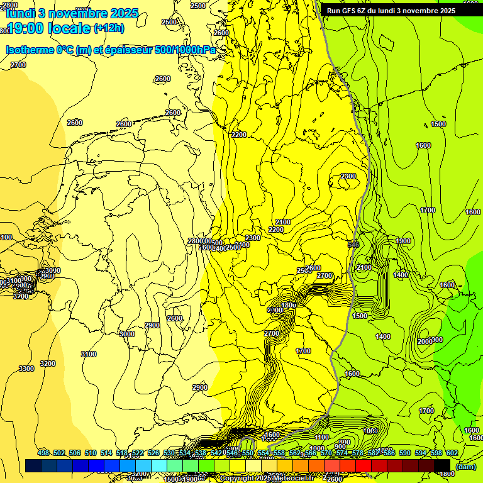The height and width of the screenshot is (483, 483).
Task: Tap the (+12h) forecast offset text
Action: [x=109, y=28]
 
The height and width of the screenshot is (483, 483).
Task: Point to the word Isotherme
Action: [x=29, y=50]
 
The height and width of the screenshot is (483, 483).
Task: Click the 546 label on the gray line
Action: [x=353, y=244]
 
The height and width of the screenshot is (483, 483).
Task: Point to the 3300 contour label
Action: [x=26, y=369]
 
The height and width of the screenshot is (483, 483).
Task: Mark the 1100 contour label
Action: [x=321, y=437]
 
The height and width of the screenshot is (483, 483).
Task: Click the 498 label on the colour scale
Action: [x=43, y=453]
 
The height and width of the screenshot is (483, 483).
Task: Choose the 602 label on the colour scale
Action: [x=452, y=453]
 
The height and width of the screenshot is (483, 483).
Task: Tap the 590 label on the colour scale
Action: [x=405, y=453]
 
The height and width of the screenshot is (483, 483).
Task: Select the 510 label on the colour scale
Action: [x=91, y=453]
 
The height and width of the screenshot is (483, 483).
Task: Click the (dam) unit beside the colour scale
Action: [x=465, y=466]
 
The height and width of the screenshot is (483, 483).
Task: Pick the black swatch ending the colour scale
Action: [x=442, y=466]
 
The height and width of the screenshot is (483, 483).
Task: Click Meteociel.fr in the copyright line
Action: [x=290, y=479]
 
